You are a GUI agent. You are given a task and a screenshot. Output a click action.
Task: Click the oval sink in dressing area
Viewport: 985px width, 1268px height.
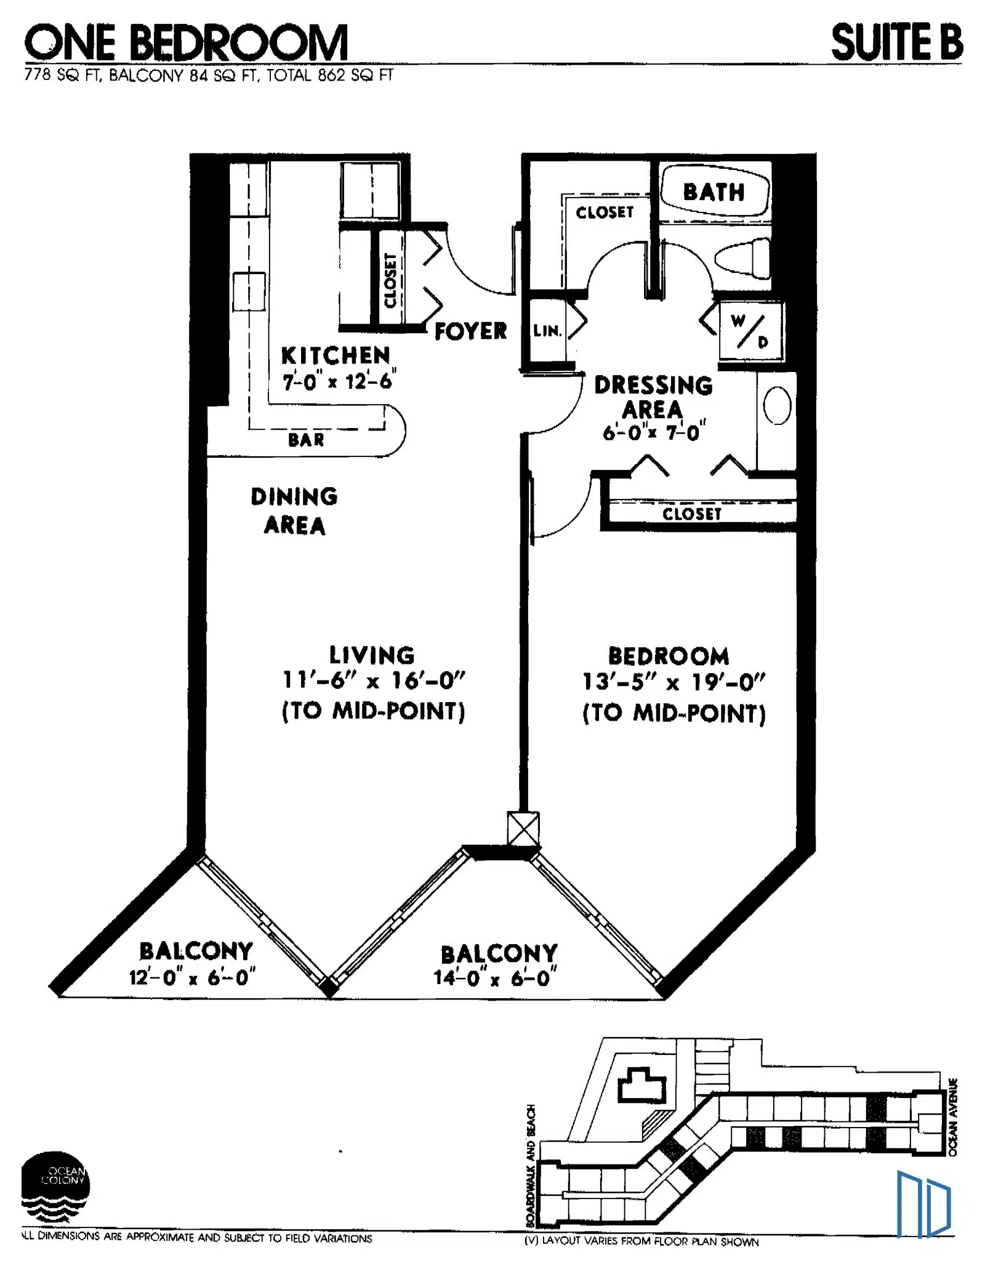point(777,405)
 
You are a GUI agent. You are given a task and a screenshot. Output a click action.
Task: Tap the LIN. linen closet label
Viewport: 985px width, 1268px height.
point(547,331)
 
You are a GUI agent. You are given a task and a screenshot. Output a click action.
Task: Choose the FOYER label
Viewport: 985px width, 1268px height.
point(471,331)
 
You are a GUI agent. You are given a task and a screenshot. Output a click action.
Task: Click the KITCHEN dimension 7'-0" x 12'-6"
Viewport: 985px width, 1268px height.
point(339,381)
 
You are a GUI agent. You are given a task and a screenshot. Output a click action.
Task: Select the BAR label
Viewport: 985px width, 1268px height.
point(306,440)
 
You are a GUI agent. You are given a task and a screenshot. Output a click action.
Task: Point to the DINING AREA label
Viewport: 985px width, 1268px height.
point(294,511)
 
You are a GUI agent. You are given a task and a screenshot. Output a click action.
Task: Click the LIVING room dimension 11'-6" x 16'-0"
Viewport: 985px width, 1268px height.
point(374,680)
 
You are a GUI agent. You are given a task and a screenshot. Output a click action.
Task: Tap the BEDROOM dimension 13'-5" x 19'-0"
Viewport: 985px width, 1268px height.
point(673,682)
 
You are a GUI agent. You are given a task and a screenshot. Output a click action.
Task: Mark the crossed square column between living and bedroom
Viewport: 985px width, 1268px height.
point(523,828)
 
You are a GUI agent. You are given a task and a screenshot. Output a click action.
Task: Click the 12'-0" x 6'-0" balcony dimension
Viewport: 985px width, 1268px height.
point(192,977)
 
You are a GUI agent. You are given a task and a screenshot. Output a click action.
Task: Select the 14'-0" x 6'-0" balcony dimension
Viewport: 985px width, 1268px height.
point(496,977)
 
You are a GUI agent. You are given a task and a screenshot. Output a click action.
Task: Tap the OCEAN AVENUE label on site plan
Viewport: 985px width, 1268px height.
point(953,1117)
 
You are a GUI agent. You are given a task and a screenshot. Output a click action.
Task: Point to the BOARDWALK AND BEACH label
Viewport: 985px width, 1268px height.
point(531,1166)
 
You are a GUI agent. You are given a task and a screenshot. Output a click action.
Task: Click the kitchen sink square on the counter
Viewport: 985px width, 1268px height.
point(249,292)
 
